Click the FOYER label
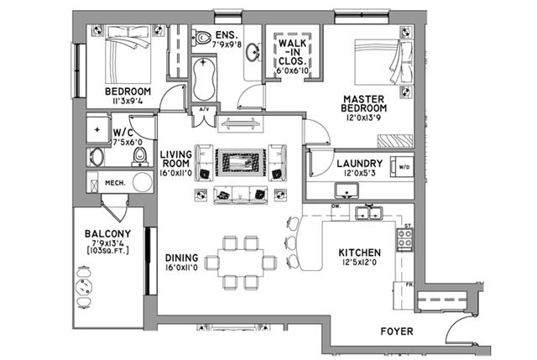396,331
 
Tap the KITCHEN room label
360,253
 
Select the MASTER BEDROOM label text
364,104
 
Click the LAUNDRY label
359,164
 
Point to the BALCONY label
106,234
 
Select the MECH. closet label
114,182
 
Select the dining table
241,257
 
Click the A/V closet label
203,109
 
